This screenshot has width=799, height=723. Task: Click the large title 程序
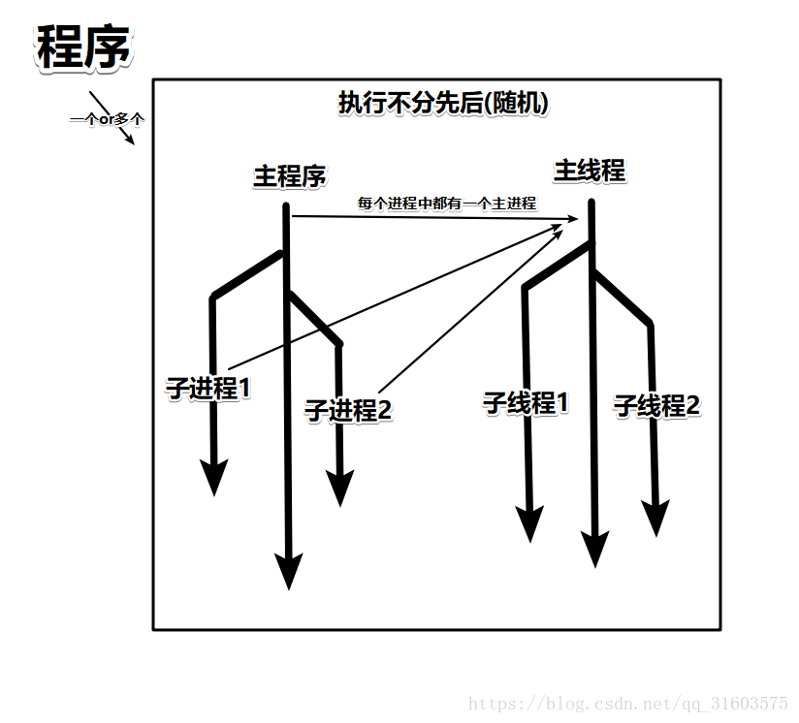[x=83, y=47]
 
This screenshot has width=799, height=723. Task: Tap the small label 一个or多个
[x=107, y=119]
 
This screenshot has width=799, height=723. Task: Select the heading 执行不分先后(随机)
[x=443, y=103]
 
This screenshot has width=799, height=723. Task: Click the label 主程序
[x=289, y=176]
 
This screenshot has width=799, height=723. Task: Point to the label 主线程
[x=589, y=171]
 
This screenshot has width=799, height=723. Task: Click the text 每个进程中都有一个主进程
[x=446, y=204]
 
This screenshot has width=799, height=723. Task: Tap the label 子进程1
[x=208, y=389]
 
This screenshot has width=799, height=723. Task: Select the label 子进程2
[x=347, y=410]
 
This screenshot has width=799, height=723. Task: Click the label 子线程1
[x=526, y=402]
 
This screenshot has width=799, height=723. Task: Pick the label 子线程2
[x=656, y=406]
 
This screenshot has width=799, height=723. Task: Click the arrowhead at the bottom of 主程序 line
[x=288, y=570]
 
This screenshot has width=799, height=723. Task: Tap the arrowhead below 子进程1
[x=214, y=477]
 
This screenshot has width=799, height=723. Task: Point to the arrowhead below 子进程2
[x=339, y=487]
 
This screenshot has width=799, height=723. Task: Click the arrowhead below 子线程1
[x=528, y=523]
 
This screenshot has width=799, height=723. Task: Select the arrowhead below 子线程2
[x=656, y=518]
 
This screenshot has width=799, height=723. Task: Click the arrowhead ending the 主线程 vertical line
[x=593, y=549]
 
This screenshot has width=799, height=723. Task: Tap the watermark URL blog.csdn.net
[x=628, y=703]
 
